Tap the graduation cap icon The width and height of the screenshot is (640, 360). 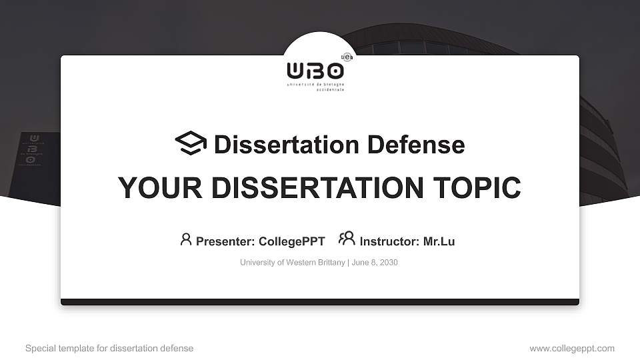pos(191,143)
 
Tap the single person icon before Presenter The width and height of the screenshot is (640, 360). pos(186,239)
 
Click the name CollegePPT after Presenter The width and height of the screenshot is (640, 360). pos(291,241)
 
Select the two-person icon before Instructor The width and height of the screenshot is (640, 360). pos(347,239)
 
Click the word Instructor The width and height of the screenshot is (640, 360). pos(389,241)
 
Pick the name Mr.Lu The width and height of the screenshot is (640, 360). pos(439,241)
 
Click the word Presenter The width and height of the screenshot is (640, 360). pos(224,241)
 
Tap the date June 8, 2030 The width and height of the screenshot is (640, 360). pos(374,263)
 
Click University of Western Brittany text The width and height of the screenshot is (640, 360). pos(292,263)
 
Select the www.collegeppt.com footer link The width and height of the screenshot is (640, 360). pos(572,348)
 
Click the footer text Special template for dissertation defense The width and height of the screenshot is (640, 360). pos(109,348)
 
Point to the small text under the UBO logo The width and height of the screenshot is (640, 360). pos(315,87)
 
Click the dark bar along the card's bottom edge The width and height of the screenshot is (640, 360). pos(320,302)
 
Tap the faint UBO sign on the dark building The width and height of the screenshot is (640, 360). pos(33,149)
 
